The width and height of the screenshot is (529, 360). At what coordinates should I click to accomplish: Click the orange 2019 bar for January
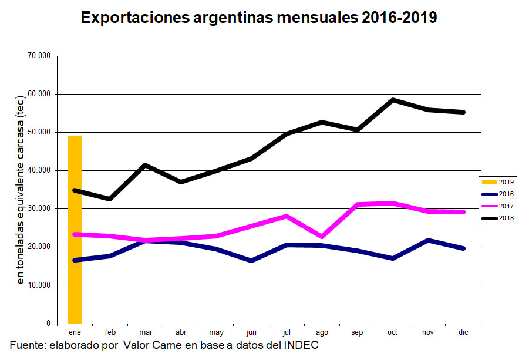coord(75,229)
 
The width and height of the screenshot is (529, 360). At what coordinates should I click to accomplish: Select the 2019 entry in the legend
coord(500,182)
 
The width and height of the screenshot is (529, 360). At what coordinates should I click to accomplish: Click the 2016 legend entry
coord(500,194)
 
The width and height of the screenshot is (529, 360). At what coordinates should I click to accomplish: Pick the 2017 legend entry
coord(500,206)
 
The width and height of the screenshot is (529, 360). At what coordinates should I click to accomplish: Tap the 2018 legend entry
coord(500,218)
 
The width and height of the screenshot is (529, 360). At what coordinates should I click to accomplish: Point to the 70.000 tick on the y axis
coord(39,56)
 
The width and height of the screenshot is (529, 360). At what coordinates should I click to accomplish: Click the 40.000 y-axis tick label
coord(39,170)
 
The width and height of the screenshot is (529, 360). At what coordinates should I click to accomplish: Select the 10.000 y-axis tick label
coord(39,285)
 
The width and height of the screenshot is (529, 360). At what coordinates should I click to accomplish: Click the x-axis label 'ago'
coord(322,332)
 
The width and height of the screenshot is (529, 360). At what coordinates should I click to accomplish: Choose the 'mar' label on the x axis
coord(146,332)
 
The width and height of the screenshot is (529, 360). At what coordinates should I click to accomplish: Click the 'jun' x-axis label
coord(251,332)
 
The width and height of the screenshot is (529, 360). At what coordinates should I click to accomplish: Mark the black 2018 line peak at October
coord(392,100)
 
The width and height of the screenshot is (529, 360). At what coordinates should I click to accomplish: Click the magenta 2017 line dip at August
coord(322,237)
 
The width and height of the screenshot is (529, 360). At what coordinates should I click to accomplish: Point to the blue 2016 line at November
coord(428,240)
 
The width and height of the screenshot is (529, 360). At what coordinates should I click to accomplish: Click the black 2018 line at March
coord(145,165)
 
